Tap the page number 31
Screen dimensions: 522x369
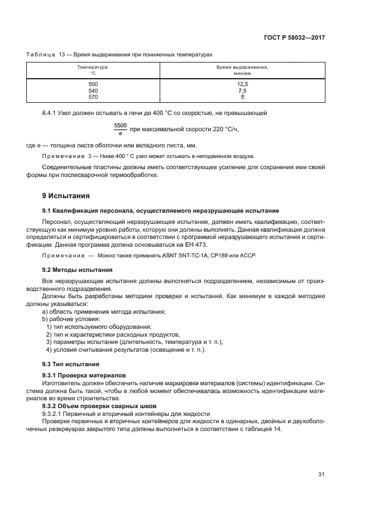[x=321, y=475]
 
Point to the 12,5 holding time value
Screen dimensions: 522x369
[x=242, y=84]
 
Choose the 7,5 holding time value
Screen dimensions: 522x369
[x=242, y=90]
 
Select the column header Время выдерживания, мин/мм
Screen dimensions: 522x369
[x=242, y=70]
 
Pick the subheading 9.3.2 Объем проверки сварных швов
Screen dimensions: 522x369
[x=100, y=406]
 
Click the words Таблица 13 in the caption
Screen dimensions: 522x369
[x=46, y=54]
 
